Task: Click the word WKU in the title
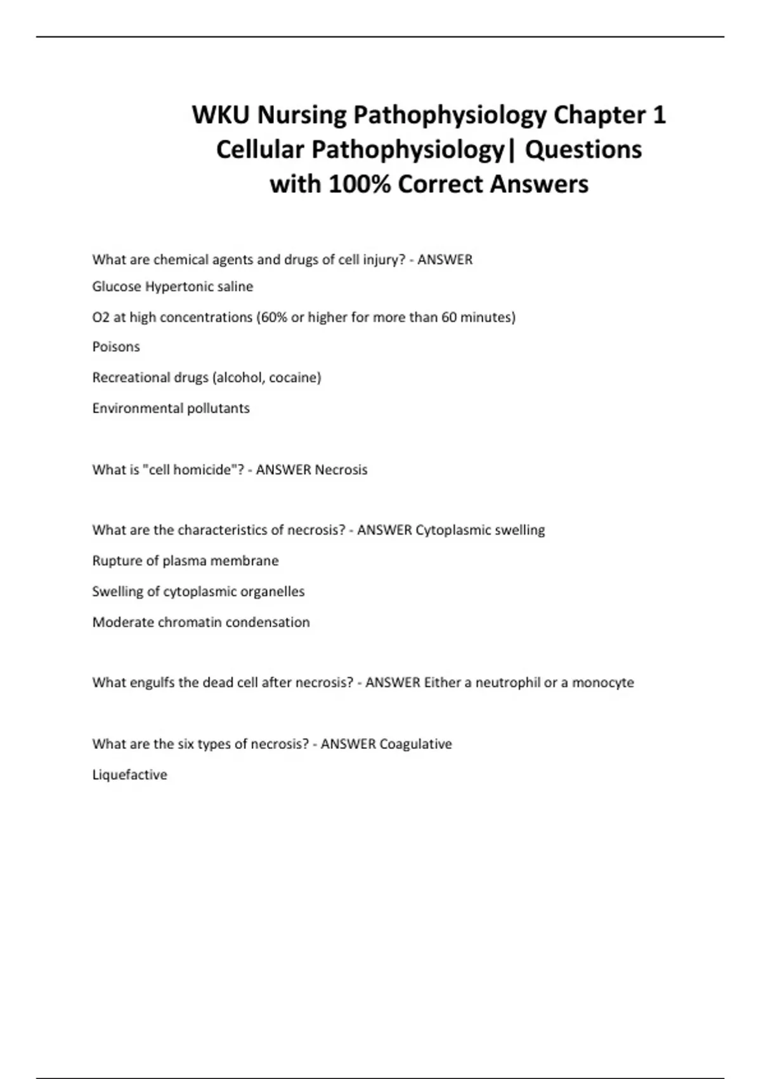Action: point(221,115)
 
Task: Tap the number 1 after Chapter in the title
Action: point(659,115)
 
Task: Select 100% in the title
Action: point(360,184)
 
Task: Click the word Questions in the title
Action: point(583,150)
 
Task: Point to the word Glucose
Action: point(117,287)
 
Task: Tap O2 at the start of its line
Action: point(101,317)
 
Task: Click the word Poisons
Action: point(116,347)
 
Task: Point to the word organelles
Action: point(272,592)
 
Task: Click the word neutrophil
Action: point(508,683)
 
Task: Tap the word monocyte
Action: point(603,683)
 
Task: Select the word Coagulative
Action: point(415,744)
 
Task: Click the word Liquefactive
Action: point(130,775)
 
